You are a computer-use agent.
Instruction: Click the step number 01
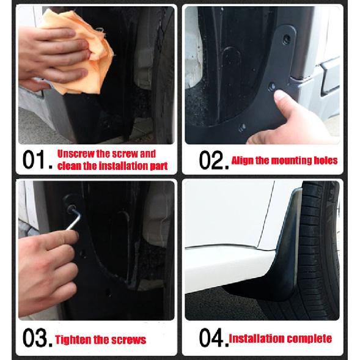38,160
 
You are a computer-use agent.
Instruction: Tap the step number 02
214,160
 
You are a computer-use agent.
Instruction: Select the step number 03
38,337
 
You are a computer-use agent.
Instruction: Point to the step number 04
214,337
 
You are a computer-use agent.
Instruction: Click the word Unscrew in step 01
76,153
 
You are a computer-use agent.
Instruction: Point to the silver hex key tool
74,217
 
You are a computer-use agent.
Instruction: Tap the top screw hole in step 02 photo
287,39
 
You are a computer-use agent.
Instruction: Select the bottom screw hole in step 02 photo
243,127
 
